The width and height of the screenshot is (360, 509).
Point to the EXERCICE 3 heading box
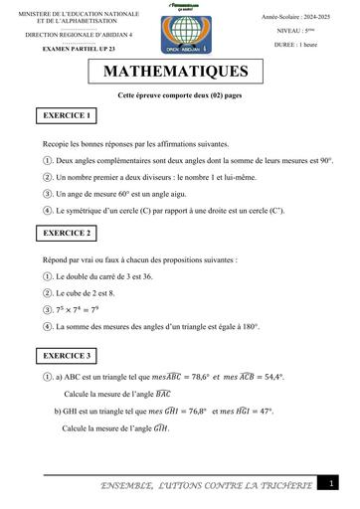[x=67, y=354]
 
